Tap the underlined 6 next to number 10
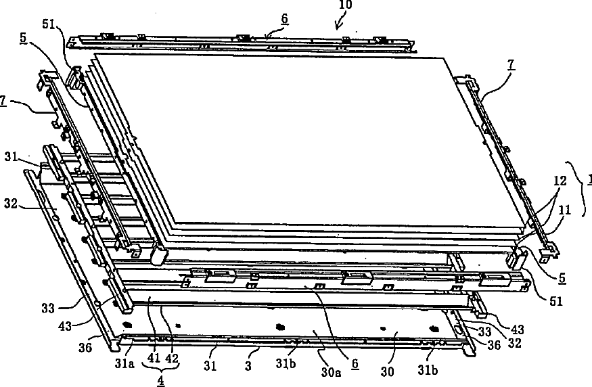click(x=284, y=19)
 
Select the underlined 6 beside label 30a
click(x=355, y=363)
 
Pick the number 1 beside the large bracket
click(x=589, y=180)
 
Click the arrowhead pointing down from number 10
click(x=338, y=27)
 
